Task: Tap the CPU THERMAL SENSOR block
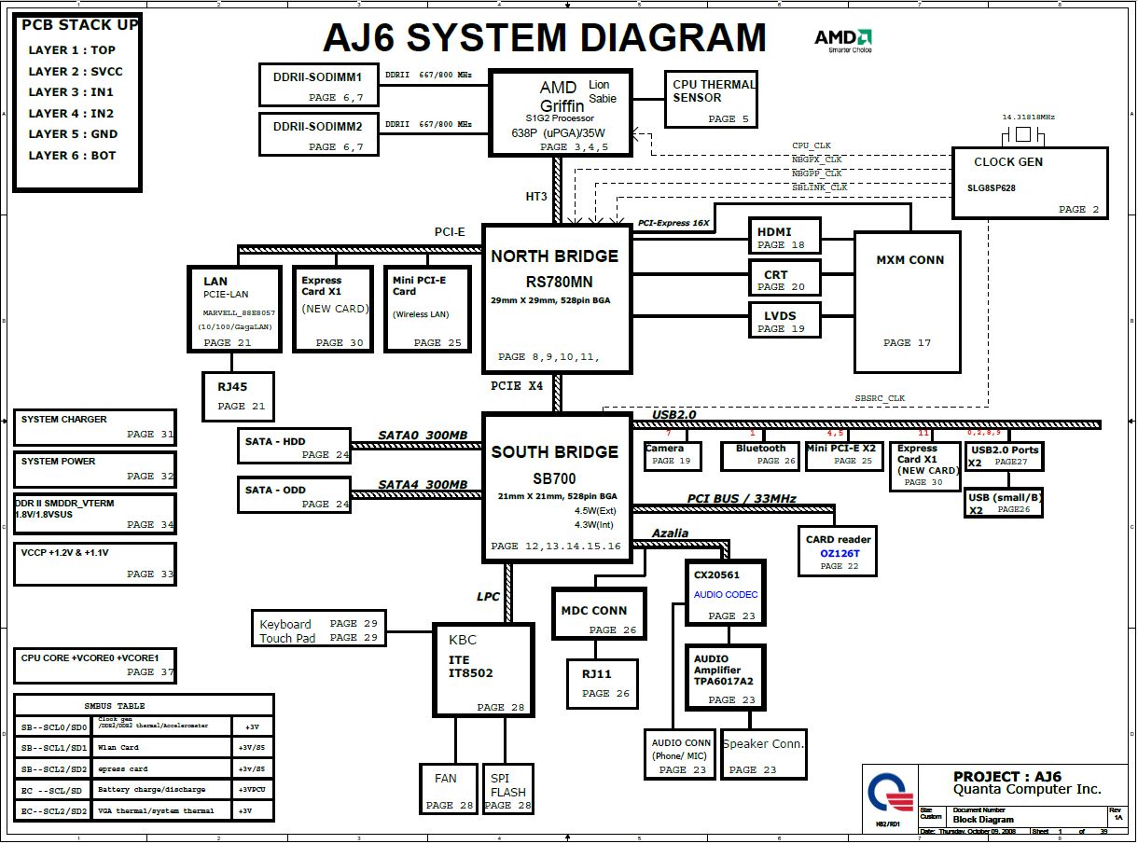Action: click(711, 99)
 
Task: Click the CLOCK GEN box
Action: click(1030, 183)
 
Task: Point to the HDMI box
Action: click(784, 236)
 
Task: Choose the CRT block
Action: click(784, 278)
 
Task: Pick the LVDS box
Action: click(784, 320)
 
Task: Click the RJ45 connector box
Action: click(233, 395)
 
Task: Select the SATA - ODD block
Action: click(294, 496)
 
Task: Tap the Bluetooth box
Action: click(761, 454)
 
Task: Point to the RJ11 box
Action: click(603, 683)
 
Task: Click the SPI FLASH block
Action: click(507, 789)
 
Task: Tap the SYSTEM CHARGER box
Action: click(94, 427)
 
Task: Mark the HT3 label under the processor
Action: click(536, 197)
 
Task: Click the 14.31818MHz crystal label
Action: click(1028, 118)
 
